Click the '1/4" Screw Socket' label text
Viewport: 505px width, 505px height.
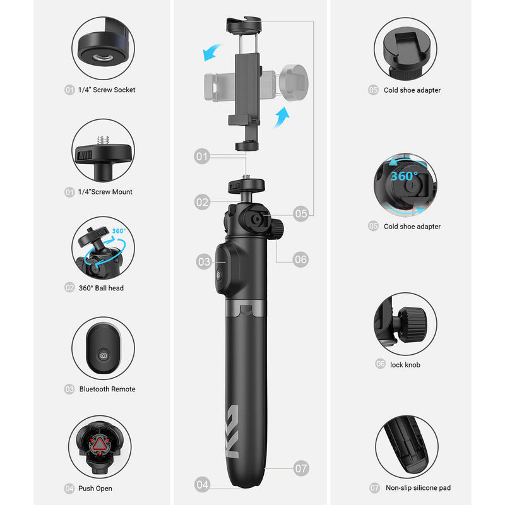click(107, 90)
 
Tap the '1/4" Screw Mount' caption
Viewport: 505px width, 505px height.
click(105, 192)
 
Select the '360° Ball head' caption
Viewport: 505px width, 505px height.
click(101, 288)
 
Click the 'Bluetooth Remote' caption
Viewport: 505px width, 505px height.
click(107, 389)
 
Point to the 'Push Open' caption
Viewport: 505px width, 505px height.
click(95, 489)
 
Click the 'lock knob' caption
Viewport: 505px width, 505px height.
click(405, 365)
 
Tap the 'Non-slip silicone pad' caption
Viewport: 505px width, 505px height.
click(418, 488)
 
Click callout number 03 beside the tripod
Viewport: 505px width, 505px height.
click(204, 261)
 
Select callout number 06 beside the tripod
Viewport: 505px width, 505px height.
click(300, 259)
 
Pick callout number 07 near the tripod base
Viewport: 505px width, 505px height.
click(301, 468)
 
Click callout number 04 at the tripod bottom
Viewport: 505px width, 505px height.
click(202, 484)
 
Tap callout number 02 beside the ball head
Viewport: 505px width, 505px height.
click(202, 202)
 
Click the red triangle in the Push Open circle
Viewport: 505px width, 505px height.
click(100, 444)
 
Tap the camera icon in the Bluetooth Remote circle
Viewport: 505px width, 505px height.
click(104, 355)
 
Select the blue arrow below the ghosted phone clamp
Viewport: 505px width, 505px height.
click(281, 117)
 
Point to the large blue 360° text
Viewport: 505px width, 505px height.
click(404, 176)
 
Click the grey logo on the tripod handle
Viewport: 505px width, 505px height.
click(232, 431)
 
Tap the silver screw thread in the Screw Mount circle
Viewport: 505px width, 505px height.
click(103, 140)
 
